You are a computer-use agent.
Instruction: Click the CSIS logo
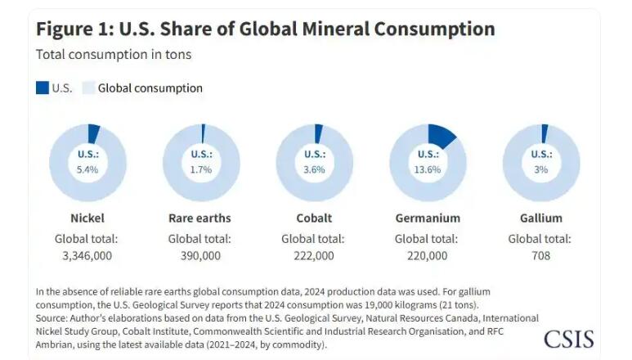pos(568,338)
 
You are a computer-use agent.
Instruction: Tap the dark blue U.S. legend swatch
pos(43,88)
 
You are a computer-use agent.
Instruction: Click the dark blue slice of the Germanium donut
pos(442,135)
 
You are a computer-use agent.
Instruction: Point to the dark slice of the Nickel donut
pos(93,132)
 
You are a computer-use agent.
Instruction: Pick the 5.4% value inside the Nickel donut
pos(87,169)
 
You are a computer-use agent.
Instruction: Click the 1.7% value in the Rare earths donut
pos(200,169)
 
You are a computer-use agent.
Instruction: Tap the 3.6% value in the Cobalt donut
pos(314,169)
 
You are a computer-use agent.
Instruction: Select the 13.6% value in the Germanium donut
pos(427,169)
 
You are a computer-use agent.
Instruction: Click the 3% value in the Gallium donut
pos(540,169)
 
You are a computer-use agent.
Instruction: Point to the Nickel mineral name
pos(87,218)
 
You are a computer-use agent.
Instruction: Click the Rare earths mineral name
pos(199,218)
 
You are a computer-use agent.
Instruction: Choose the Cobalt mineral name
pos(313,218)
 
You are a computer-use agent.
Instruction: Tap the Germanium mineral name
pos(427,218)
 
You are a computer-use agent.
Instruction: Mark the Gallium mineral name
pos(540,218)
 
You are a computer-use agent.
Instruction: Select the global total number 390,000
pos(199,255)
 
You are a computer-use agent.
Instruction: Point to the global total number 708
pos(540,255)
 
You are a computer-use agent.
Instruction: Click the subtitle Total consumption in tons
pos(113,55)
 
